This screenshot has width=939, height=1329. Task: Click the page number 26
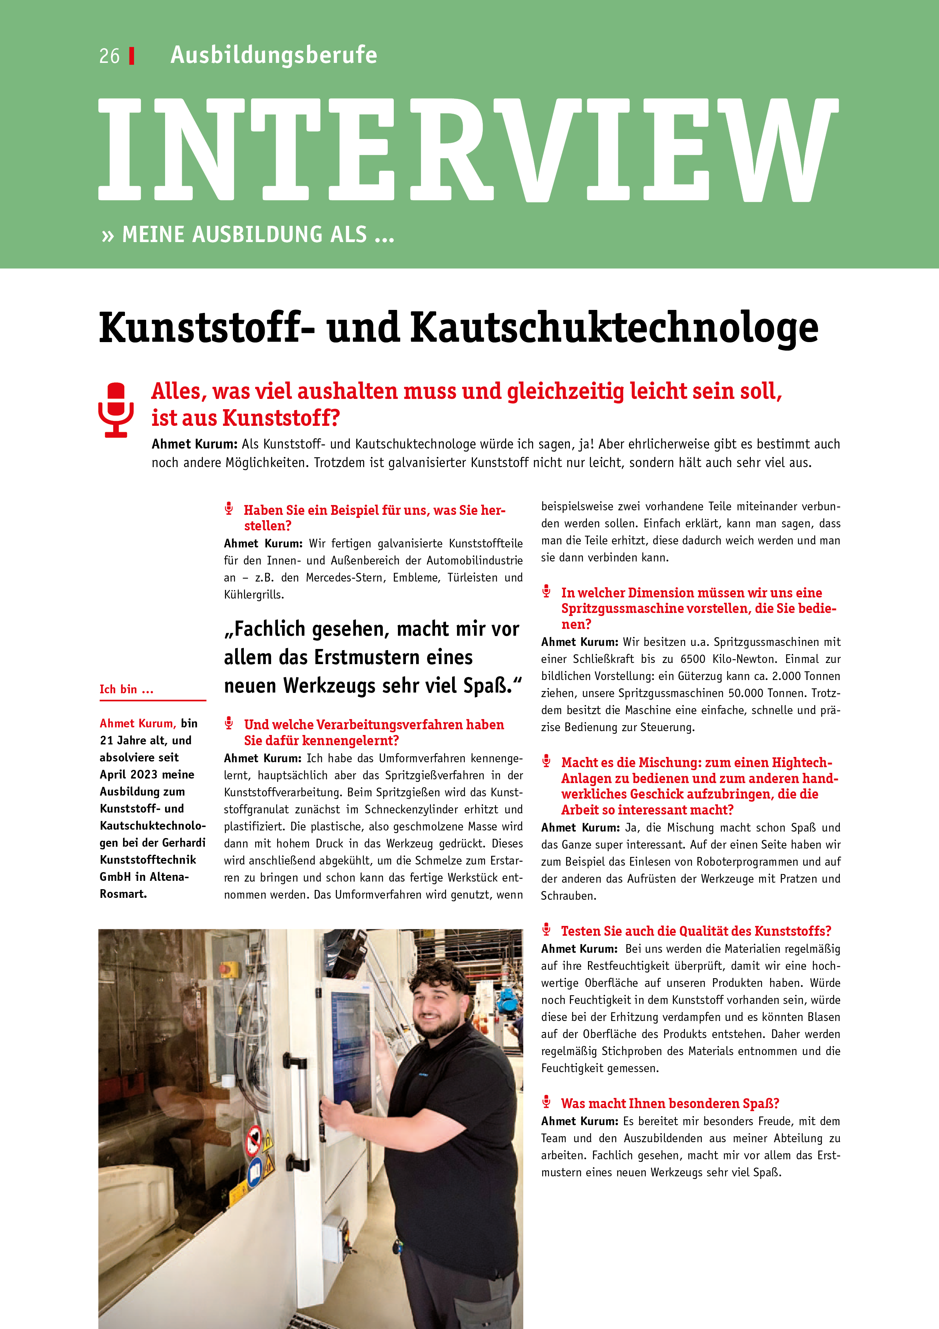109,56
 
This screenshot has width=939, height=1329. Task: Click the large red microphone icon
116,409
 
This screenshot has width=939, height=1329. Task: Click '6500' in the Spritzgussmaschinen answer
693,659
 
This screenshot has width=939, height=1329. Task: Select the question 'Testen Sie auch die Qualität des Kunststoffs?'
696,931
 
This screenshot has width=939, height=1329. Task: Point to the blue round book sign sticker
255,1174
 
